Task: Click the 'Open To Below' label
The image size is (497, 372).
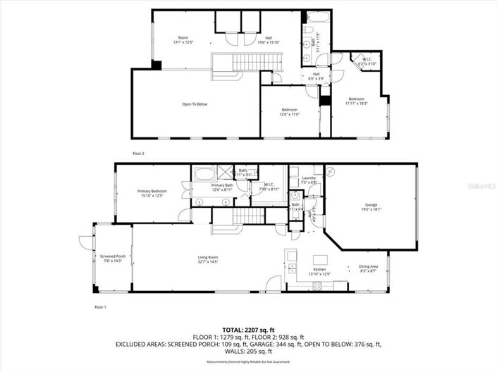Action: pyautogui.click(x=195, y=104)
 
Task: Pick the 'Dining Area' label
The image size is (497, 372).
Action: pyautogui.click(x=369, y=266)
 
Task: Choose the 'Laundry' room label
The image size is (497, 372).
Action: pyautogui.click(x=308, y=178)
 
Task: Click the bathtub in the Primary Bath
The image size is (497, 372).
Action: pyautogui.click(x=207, y=173)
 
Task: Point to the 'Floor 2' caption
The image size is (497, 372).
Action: pyautogui.click(x=138, y=152)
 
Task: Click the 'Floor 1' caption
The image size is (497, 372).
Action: pyautogui.click(x=99, y=307)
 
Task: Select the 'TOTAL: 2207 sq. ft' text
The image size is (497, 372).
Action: pyautogui.click(x=248, y=330)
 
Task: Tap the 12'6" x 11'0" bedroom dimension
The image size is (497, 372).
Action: pyautogui.click(x=290, y=114)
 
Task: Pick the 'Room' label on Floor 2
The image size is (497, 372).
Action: pyautogui.click(x=183, y=37)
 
